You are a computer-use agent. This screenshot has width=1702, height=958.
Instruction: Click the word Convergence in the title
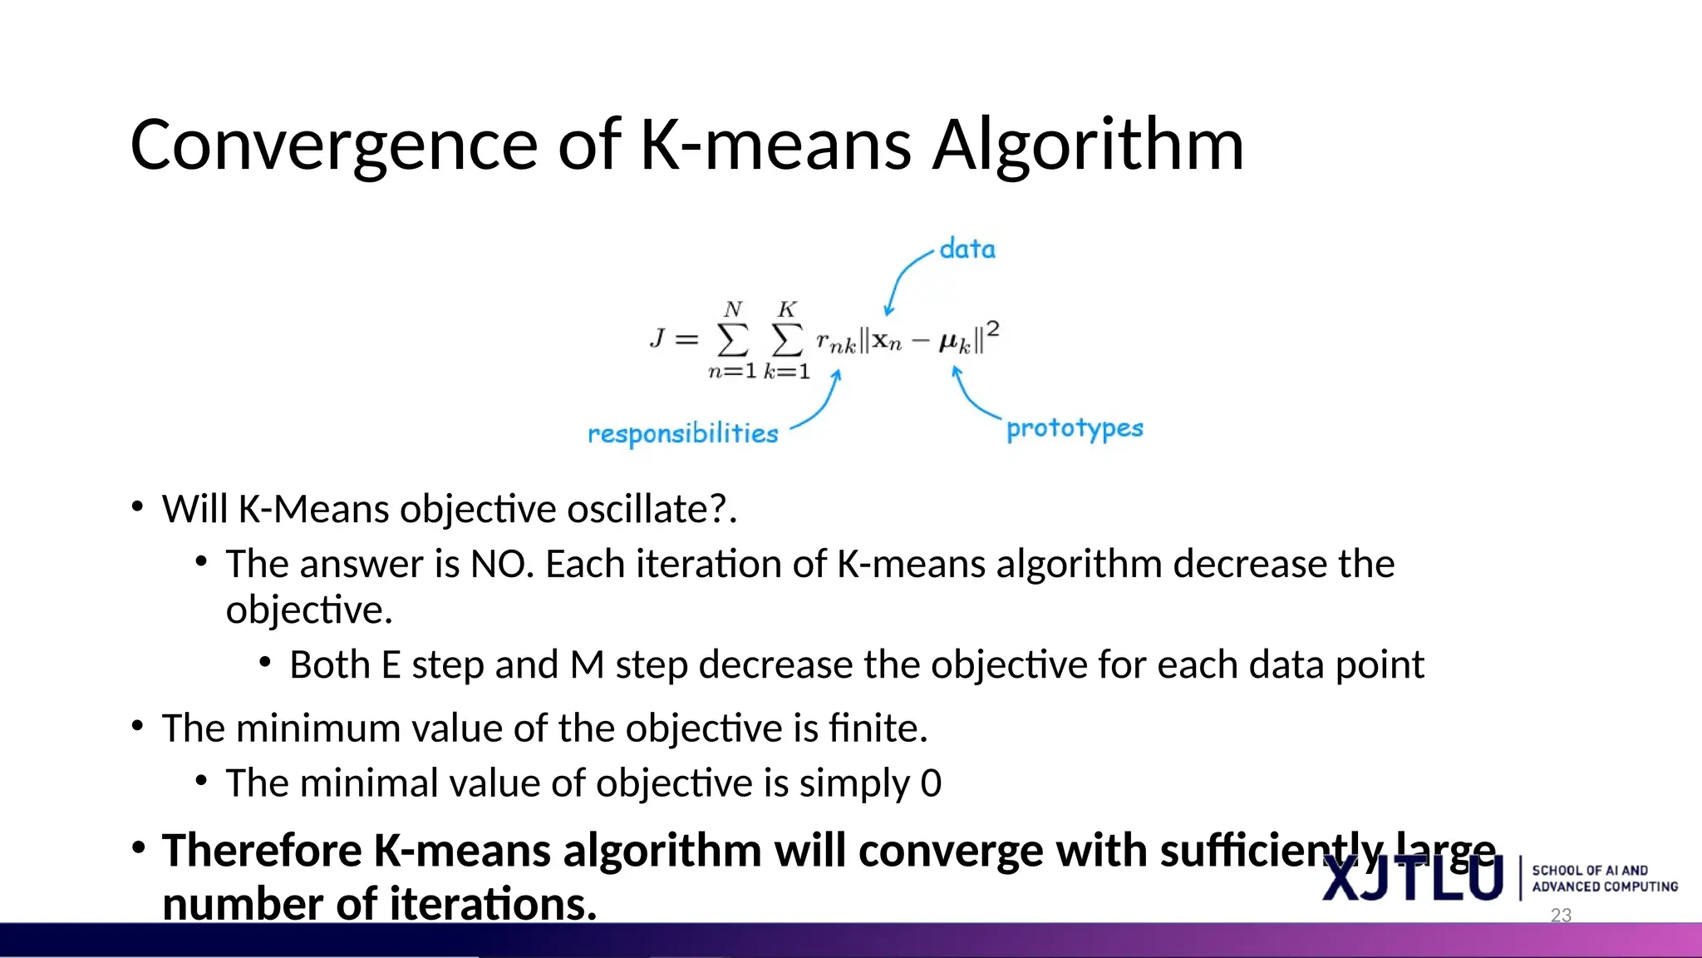pos(333,146)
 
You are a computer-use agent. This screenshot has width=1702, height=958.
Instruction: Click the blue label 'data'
pos(967,249)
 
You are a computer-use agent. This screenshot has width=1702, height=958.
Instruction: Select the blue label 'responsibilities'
pos(682,433)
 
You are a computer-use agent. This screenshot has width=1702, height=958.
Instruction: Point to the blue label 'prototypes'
pos(1074,428)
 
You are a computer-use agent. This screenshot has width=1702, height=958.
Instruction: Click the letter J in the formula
pos(657,338)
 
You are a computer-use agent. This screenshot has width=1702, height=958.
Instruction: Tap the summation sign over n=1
pos(733,339)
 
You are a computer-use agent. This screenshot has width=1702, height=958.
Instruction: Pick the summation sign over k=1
pos(787,339)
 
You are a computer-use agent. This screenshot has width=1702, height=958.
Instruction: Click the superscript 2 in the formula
pos(992,329)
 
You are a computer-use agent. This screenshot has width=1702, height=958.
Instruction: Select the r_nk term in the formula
pos(835,343)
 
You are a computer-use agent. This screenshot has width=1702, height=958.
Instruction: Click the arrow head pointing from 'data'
pos(888,311)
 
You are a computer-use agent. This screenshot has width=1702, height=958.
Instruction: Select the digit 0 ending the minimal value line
pos(931,783)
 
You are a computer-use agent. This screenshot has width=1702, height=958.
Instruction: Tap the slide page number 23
pos(1561,916)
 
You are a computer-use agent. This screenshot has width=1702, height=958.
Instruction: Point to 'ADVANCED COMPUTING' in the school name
pos(1604,886)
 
